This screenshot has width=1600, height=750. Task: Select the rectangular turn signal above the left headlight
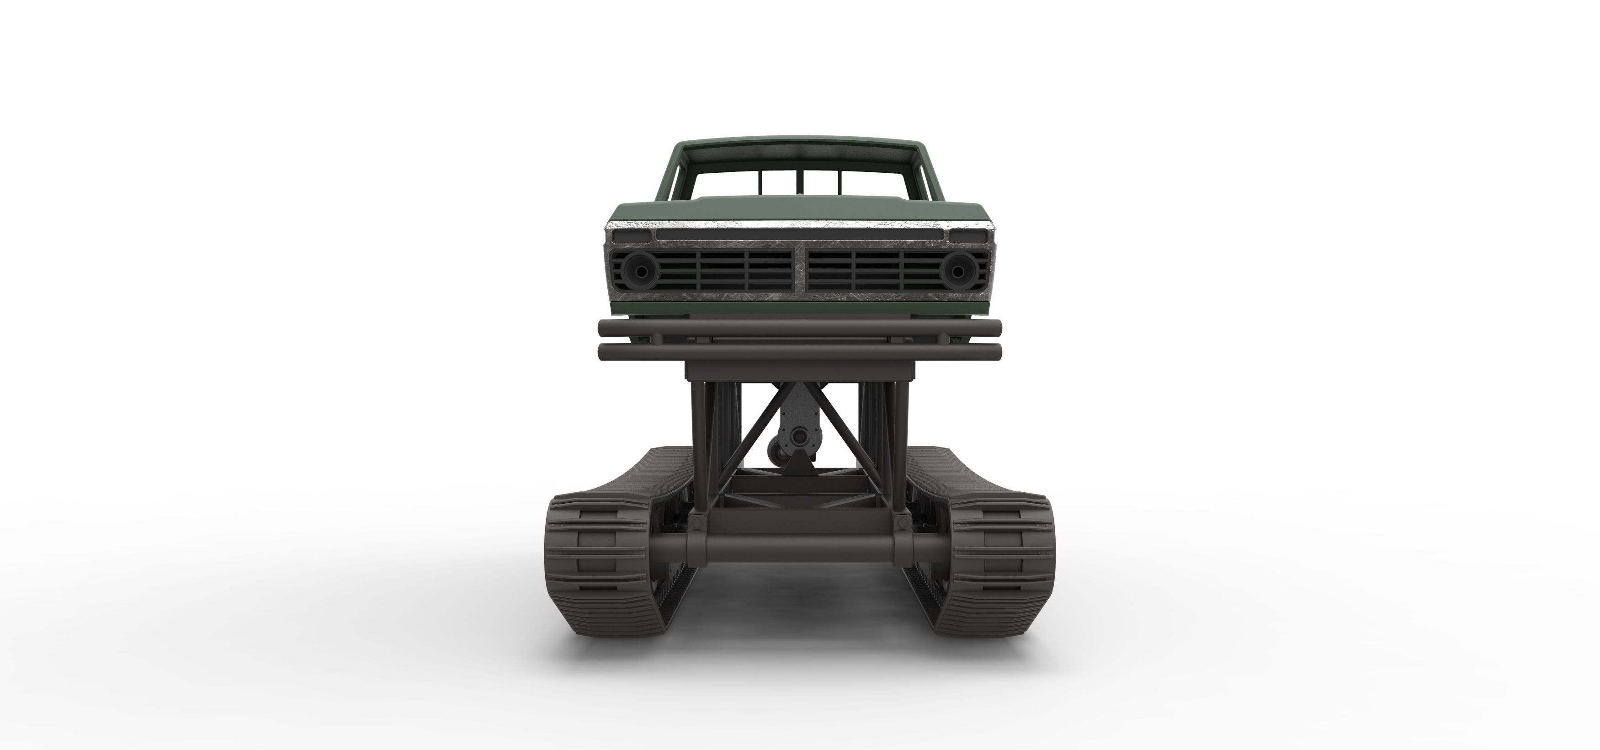point(631,236)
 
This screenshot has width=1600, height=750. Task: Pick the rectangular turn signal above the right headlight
point(967,236)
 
